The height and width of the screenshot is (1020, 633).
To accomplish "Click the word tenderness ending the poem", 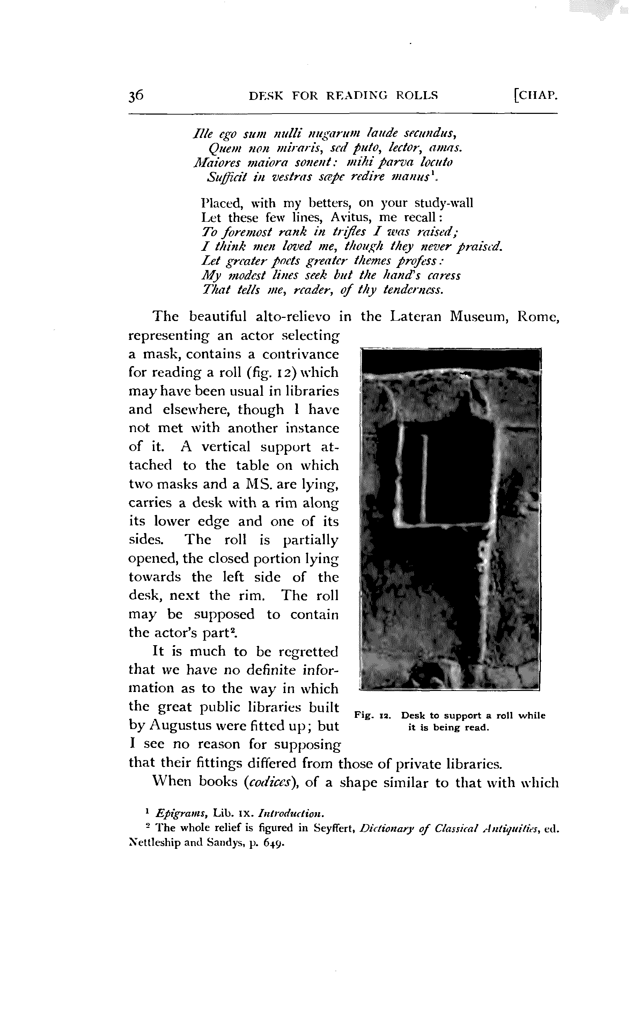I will [413, 290].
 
